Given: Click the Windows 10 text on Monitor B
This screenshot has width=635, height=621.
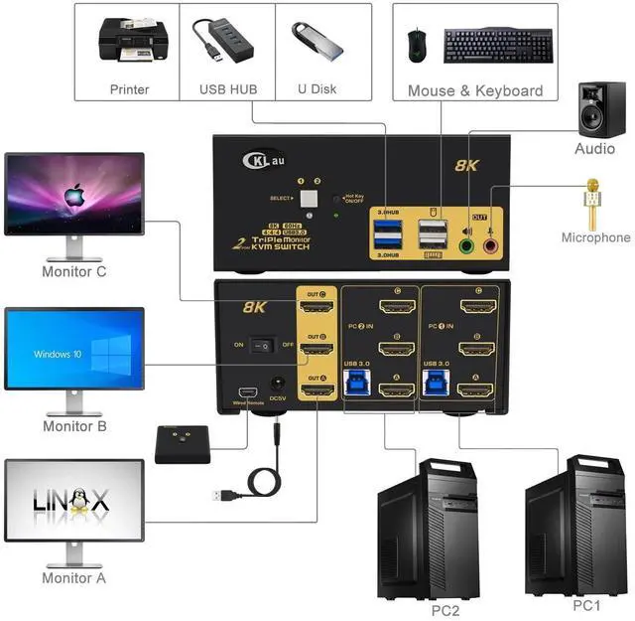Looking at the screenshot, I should point(58,354).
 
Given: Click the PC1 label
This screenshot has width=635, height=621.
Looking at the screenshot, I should point(587,604).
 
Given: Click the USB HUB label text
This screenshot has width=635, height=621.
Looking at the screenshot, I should point(228,89).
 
